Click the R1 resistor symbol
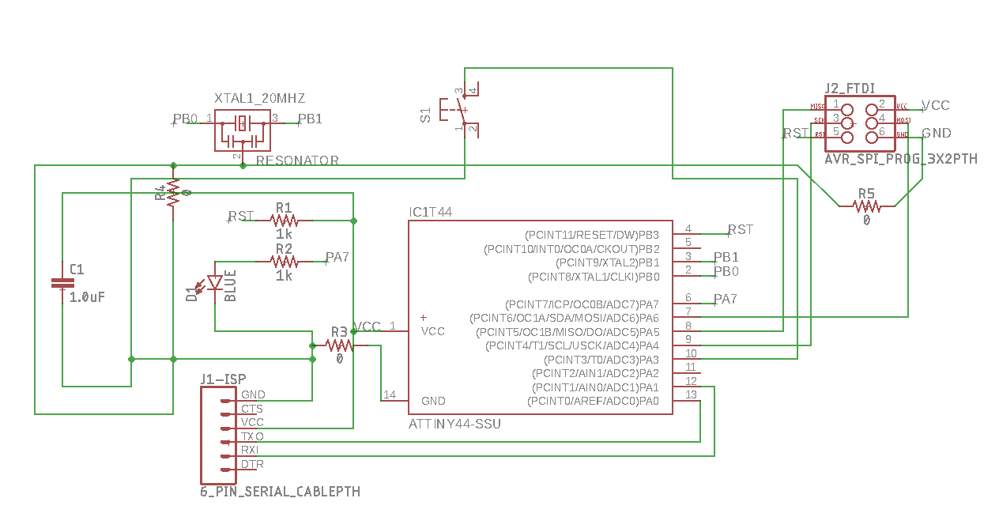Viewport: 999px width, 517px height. click(x=284, y=220)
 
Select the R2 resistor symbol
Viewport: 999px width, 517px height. click(x=284, y=261)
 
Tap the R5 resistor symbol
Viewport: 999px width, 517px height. click(x=866, y=206)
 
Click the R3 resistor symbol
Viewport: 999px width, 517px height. click(x=340, y=345)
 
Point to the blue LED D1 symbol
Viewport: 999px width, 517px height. click(x=214, y=285)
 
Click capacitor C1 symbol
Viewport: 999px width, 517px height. click(x=62, y=284)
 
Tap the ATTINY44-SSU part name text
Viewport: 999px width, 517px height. click(x=454, y=425)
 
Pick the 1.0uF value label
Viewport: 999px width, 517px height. click(x=87, y=298)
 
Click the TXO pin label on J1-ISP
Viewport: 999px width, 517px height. click(x=252, y=436)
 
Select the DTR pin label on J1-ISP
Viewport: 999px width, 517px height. click(x=252, y=464)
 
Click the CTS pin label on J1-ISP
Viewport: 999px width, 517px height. click(x=252, y=409)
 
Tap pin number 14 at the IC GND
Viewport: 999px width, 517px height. click(x=390, y=394)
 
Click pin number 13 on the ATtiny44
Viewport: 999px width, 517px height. click(x=691, y=394)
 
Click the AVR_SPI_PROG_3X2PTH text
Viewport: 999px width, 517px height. click(x=900, y=159)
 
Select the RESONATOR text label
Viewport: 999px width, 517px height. click(x=297, y=160)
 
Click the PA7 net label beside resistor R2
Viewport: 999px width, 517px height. click(x=337, y=257)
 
